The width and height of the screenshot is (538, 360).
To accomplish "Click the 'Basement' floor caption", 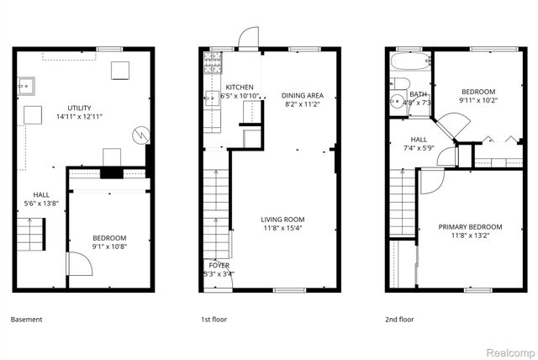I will point(26,320).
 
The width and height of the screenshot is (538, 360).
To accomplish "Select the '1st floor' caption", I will point(214,320).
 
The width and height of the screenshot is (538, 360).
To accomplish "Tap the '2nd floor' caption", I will point(400,320).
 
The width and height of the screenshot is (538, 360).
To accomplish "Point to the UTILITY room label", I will point(80,108).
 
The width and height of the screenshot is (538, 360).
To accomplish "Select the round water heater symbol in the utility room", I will point(143,134).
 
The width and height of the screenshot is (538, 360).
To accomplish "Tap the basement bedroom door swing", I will point(78,266).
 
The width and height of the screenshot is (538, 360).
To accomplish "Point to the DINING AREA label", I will point(303,95).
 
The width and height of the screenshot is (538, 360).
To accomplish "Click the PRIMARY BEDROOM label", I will point(470,227).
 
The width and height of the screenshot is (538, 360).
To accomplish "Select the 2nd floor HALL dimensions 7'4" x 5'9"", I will point(419,148).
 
